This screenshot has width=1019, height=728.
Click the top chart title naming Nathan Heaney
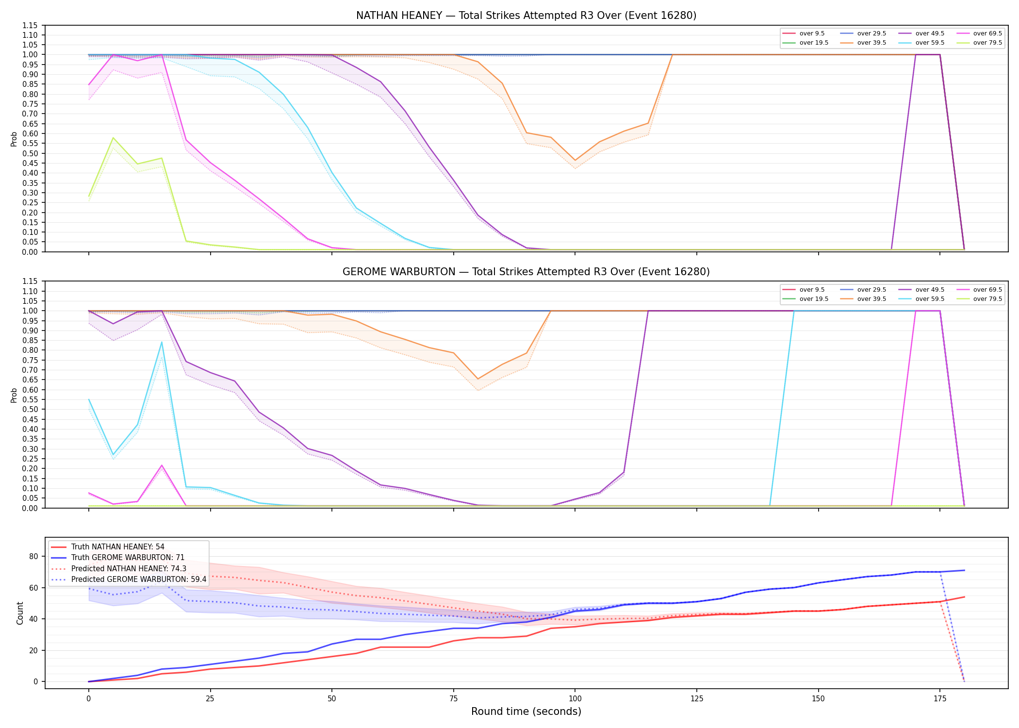[x=526, y=16]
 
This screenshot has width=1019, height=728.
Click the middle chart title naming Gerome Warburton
[x=526, y=272]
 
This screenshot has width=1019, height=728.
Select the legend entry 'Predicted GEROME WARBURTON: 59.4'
[x=129, y=579]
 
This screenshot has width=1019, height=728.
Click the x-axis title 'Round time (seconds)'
[x=526, y=711]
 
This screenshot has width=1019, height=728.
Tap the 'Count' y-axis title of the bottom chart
[x=20, y=613]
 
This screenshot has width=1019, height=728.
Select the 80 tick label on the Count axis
[x=33, y=557]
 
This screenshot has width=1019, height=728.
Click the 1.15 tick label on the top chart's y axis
[x=30, y=25]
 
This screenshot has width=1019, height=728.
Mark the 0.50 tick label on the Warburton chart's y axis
[x=30, y=410]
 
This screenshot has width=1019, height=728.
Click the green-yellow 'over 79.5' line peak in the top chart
[x=113, y=138]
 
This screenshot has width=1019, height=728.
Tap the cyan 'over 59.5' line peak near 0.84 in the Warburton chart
[x=162, y=342]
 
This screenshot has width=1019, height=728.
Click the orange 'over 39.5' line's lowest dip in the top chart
[x=575, y=160]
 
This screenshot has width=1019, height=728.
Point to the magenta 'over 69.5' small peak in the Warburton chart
[x=162, y=465]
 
